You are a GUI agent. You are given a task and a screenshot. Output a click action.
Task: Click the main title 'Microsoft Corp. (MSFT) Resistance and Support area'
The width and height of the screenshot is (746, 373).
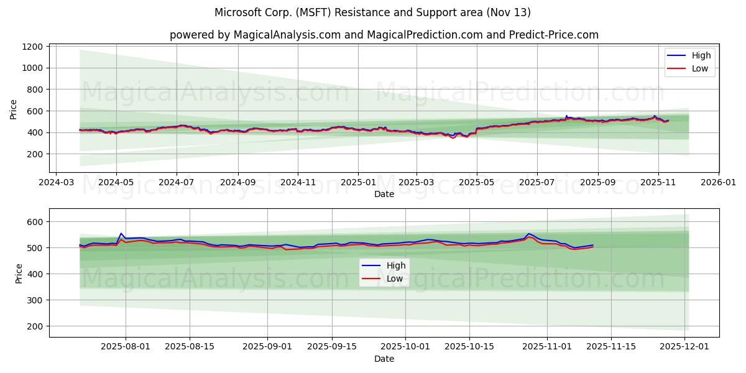[372, 12]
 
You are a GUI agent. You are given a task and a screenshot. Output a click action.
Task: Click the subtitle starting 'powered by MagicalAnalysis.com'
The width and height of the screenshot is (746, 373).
[384, 35]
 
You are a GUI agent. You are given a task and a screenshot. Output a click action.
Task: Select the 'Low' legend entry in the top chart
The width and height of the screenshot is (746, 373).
[700, 68]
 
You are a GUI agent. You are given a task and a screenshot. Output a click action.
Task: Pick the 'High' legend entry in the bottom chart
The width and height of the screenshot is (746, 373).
[396, 265]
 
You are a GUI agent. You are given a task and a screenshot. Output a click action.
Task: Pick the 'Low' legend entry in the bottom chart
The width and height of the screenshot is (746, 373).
[395, 279]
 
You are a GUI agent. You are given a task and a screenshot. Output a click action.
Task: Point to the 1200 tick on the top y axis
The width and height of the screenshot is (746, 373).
[32, 47]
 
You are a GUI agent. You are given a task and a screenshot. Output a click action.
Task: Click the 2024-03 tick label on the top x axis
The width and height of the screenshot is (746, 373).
[57, 183]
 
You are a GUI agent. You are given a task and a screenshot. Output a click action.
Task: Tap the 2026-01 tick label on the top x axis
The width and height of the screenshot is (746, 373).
[719, 183]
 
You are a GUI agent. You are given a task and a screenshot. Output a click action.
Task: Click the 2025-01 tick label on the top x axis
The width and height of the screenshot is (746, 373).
[357, 183]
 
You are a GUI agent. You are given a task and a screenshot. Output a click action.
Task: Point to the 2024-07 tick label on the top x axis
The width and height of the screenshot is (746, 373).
[177, 183]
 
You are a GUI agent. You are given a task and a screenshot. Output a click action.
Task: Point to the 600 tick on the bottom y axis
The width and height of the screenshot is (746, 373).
[36, 222]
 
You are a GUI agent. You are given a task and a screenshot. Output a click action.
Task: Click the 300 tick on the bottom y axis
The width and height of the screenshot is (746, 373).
[36, 300]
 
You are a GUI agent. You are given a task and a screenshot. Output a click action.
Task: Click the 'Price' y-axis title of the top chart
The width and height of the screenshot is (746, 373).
[14, 109]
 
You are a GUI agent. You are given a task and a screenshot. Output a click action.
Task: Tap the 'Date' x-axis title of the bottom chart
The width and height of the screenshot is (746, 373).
[384, 359]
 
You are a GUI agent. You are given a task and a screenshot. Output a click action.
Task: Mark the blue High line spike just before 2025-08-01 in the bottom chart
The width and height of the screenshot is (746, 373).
[121, 233]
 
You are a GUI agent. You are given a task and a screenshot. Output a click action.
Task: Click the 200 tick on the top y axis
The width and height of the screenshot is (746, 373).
[36, 154]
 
